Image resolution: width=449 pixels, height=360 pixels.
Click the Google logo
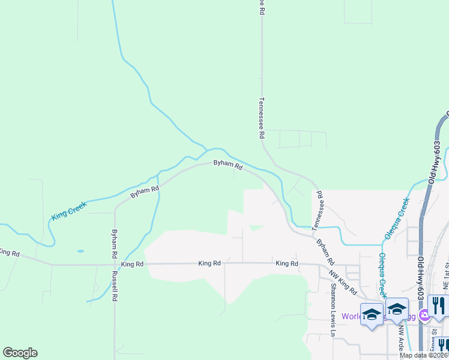[20, 353]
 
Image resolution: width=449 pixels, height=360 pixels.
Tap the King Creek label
[69, 210]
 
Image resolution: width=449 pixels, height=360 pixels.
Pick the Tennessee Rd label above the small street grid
[261, 118]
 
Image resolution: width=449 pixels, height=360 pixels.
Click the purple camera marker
[424, 314]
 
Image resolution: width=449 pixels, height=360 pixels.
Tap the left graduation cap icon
[372, 313]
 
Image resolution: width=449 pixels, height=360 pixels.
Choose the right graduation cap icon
[397, 310]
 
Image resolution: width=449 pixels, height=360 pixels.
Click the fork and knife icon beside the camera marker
[439, 306]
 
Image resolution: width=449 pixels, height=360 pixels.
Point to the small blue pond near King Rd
[80, 251]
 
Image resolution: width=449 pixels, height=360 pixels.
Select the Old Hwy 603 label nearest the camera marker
[421, 283]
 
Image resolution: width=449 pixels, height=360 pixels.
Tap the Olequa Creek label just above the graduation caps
[382, 275]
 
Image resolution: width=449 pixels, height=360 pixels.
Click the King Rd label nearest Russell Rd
[132, 264]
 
